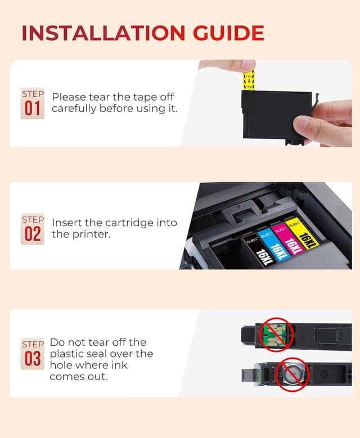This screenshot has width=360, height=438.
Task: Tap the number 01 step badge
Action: [32, 103]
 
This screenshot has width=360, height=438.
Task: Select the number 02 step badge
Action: [32, 228]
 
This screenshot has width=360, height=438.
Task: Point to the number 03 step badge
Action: [32, 354]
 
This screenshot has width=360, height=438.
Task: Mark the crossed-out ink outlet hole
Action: [292, 374]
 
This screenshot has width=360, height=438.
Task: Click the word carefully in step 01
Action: [74, 109]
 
